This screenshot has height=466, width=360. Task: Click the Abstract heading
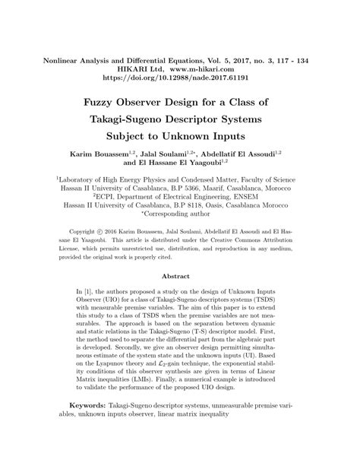click(180, 276)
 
